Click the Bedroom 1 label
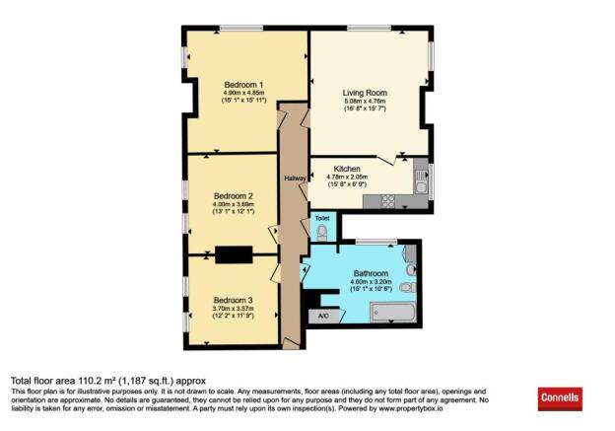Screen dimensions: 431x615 [x=239, y=84]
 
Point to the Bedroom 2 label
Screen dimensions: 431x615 [x=234, y=195]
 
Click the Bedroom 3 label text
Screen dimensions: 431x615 [x=234, y=300]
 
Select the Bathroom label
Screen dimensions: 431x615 [x=371, y=273]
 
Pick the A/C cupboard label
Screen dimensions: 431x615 [x=321, y=316]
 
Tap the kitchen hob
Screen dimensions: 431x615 [x=387, y=201]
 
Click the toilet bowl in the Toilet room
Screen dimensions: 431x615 [x=321, y=231]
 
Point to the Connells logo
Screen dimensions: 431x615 [x=560, y=398]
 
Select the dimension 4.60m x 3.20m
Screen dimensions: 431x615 [x=371, y=282]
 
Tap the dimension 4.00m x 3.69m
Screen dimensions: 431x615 [x=234, y=204]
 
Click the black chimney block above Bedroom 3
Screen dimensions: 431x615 [x=234, y=254]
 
